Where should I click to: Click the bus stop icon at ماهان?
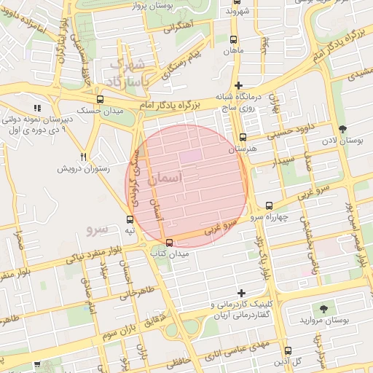(x=233, y=40)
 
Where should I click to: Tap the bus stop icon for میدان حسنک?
(x=100, y=99)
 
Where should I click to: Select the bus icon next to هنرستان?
(x=243, y=137)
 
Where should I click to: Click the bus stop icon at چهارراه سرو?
(x=270, y=205)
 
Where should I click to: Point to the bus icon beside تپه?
(x=130, y=219)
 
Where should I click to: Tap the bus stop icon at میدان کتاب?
(x=170, y=243)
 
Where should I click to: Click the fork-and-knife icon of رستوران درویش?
(x=84, y=157)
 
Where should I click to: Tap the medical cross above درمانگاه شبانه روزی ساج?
(x=238, y=86)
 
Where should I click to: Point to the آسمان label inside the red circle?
(x=165, y=177)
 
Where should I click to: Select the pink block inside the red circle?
(x=190, y=156)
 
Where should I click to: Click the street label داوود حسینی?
(x=291, y=134)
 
